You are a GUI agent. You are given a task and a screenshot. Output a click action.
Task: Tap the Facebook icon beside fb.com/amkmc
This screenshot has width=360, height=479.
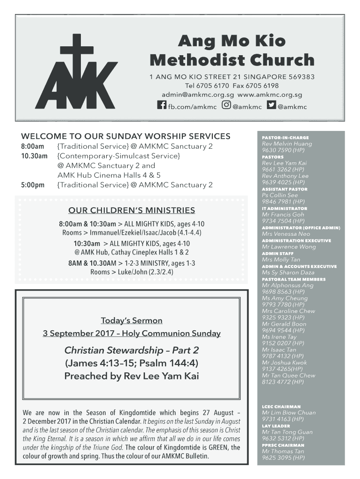pos(162,106)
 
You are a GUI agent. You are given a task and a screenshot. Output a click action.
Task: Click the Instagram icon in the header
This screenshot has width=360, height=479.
pos(226,106)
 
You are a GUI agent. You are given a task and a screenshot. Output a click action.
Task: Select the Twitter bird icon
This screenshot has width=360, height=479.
pos(272,106)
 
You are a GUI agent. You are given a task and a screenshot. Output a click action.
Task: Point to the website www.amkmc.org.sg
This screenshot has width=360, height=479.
pos(270,94)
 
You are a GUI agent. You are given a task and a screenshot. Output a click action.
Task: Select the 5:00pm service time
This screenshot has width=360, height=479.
pos(33,185)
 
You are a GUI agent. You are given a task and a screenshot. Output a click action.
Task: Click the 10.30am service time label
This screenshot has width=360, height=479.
pos(34,156)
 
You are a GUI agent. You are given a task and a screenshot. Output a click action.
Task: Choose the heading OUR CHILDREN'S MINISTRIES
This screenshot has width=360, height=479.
pos(131,210)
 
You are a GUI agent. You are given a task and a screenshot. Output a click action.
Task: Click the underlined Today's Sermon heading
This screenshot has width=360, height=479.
pos(131,320)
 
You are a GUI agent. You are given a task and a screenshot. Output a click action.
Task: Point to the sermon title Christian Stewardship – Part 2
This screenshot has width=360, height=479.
pos(131,350)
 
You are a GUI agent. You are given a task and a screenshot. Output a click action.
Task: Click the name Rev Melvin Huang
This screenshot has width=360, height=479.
pos(287,144)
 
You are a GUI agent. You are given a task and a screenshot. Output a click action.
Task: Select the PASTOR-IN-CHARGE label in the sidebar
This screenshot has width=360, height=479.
pos(285,138)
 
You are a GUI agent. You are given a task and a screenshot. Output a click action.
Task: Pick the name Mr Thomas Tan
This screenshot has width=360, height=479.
pos(283,451)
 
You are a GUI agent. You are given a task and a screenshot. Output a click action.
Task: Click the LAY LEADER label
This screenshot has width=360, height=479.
pos(276,426)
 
